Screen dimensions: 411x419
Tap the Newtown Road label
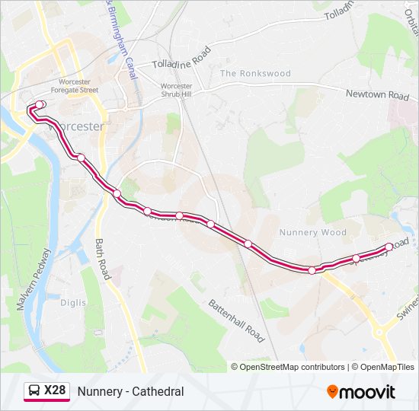[377, 95]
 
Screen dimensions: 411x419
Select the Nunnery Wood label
[312, 233]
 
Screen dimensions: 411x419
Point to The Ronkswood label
[255, 74]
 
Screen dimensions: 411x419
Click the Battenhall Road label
[235, 320]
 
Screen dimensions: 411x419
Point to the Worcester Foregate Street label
[79, 85]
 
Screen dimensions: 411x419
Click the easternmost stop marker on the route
[389, 247]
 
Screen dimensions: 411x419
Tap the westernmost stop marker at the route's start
[40, 104]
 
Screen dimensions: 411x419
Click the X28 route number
[55, 391]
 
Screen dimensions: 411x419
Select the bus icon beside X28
[34, 391]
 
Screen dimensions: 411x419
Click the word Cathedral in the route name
[158, 391]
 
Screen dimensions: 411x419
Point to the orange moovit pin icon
[332, 391]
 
